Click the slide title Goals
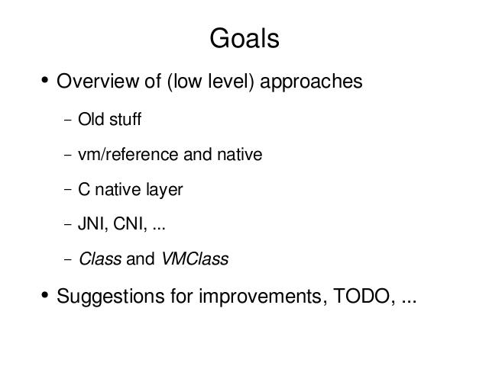coord(244,38)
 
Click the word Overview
coord(97,81)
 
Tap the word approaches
coord(311,82)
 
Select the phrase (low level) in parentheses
coord(211,82)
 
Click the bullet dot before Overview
coord(45,79)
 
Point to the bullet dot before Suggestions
coord(45,294)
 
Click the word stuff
coord(125,119)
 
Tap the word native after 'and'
coord(239,154)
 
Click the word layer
coord(164,190)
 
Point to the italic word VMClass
coord(195,258)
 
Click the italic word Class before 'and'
coord(100,258)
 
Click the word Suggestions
coord(110,297)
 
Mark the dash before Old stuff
coord(68,120)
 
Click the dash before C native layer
coord(68,190)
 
